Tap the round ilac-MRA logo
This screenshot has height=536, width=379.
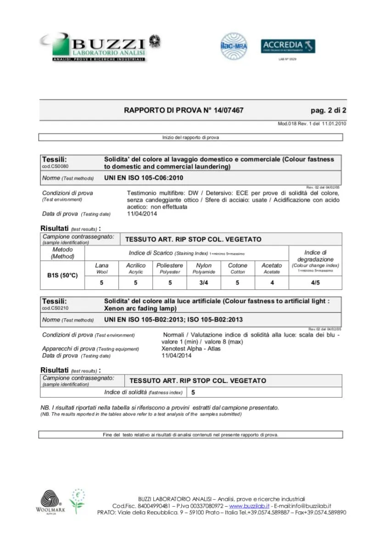click(x=234, y=46)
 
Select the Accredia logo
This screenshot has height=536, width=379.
click(x=288, y=46)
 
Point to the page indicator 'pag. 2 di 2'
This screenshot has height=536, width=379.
click(x=329, y=111)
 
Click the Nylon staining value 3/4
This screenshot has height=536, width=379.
click(x=204, y=283)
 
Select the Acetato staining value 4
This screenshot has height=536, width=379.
click(x=272, y=283)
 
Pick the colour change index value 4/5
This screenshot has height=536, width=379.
click(x=315, y=283)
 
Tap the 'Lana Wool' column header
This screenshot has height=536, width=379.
click(x=102, y=268)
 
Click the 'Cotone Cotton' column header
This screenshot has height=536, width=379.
click(x=238, y=268)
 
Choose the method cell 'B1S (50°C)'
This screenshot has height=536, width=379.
click(x=62, y=276)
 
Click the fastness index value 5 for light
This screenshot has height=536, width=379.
click(x=193, y=392)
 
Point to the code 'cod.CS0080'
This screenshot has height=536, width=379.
click(x=55, y=166)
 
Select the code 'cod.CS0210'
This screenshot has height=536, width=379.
click(x=55, y=308)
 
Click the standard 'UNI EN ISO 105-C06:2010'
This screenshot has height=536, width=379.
click(x=144, y=178)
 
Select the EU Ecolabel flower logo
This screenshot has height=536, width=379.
click(x=78, y=500)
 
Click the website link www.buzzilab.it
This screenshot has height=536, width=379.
click(x=249, y=506)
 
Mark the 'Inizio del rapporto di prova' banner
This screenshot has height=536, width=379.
click(x=190, y=137)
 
